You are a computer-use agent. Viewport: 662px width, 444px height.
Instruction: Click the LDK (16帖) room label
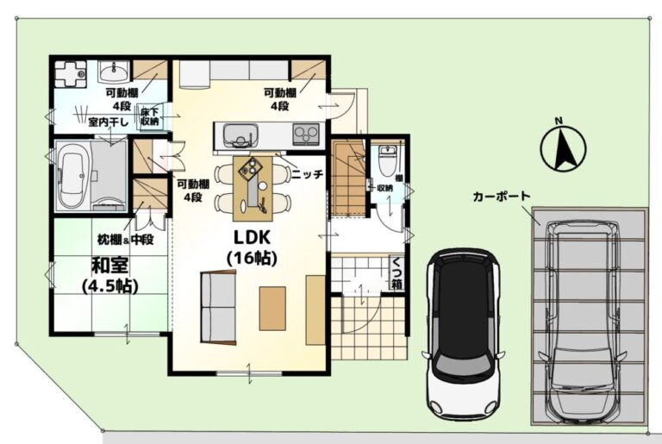point(252,248)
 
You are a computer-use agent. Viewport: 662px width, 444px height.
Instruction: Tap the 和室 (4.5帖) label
point(110,275)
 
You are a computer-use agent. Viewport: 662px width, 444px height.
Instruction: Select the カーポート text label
point(501,197)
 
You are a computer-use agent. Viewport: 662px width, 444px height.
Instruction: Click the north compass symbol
point(563,148)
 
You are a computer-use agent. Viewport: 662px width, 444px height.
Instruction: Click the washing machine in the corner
point(70,73)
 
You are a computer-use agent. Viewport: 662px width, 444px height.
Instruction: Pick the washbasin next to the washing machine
point(114,72)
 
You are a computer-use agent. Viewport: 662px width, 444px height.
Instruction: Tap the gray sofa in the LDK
point(218,307)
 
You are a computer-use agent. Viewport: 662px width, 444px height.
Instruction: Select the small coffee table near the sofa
point(272,308)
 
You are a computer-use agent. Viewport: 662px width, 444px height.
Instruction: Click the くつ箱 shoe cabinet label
point(397,273)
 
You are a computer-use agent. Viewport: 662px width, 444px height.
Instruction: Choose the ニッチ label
point(308,174)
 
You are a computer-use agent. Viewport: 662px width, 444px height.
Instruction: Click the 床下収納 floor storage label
point(149,116)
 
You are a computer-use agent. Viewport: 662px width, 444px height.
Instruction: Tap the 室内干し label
point(108,122)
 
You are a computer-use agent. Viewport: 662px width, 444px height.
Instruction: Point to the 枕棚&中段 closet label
point(125,240)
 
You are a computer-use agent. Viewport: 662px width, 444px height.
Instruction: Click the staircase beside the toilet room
point(347,178)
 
